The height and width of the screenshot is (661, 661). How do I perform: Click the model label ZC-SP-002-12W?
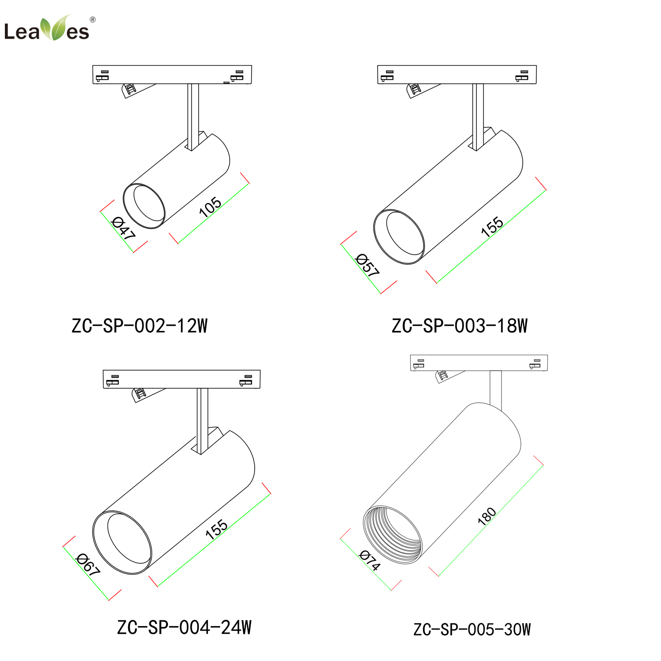pos(139,326)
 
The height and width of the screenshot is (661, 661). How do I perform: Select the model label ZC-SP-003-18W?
pos(460,326)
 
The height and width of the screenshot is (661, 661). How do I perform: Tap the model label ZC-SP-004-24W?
pos(184,628)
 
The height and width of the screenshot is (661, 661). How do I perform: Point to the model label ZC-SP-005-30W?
pos(472,629)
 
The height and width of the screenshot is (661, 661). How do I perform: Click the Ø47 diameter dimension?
pos(123,228)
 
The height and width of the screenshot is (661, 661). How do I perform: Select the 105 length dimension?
pos(210,207)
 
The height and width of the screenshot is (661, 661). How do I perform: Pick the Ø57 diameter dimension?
pos(367,265)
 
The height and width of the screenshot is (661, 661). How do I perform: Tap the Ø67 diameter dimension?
pos(88,564)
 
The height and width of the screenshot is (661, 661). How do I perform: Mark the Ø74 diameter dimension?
pos(370,561)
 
